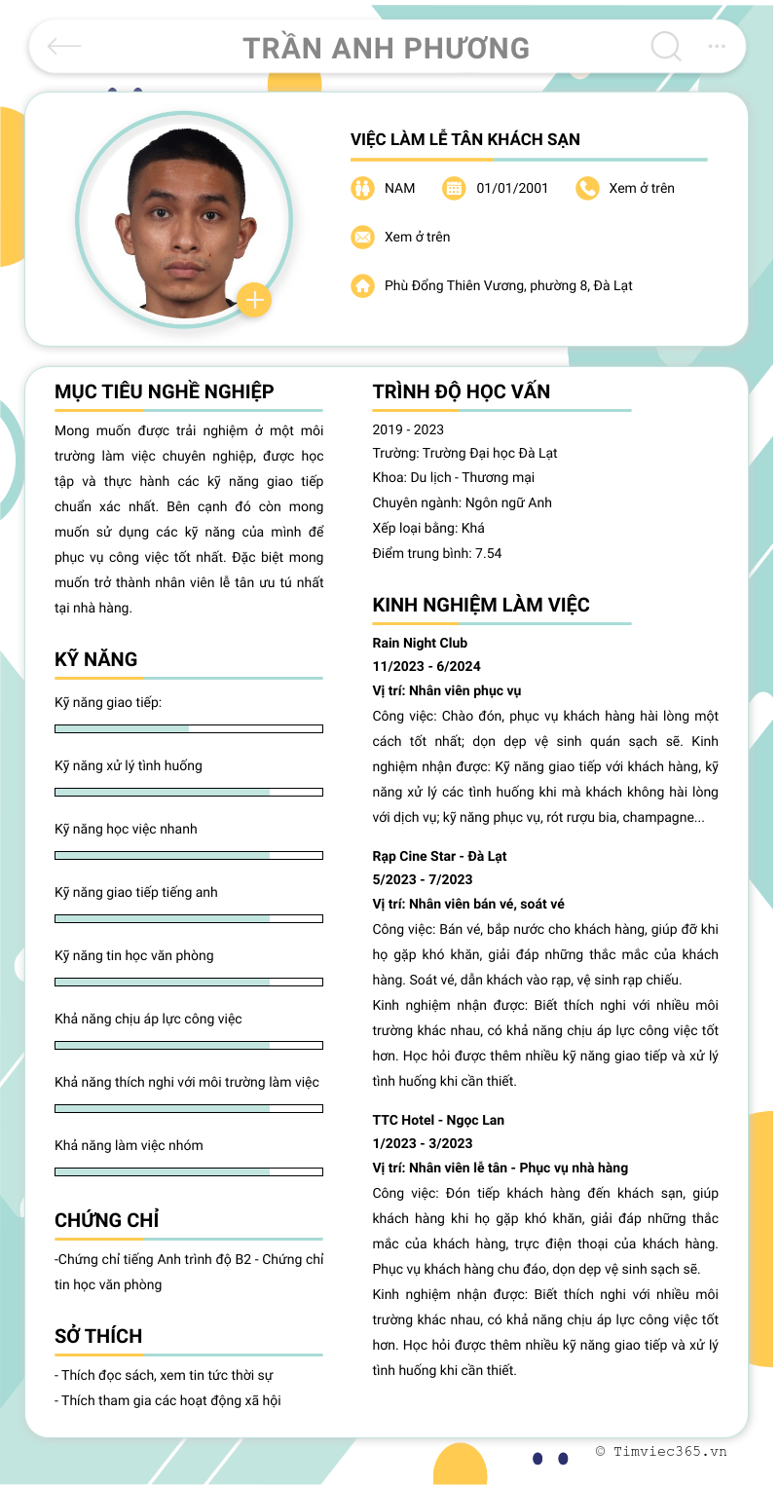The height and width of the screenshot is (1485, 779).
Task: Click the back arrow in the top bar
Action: pos(64,46)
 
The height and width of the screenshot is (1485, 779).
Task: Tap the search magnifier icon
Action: pos(666,46)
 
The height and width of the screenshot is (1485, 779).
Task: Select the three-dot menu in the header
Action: pos(717,46)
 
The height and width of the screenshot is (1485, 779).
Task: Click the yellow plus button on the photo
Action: pos(254,300)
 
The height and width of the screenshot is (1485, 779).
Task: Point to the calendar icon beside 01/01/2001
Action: pos(454,188)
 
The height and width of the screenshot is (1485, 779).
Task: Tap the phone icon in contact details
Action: pos(587,188)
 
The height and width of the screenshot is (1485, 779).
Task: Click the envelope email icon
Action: pos(362,237)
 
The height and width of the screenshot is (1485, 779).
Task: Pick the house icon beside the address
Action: pos(362,285)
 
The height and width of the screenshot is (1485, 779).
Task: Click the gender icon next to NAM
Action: pos(362,188)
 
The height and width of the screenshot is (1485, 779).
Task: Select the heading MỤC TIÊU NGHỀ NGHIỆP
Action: pos(165,391)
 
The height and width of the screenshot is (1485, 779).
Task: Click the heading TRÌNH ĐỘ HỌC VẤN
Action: pos(462,391)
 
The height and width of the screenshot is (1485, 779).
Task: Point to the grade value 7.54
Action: pos(488,553)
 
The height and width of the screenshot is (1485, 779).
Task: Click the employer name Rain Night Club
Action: pos(420,643)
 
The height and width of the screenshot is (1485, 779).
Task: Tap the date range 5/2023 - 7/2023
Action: pos(423,879)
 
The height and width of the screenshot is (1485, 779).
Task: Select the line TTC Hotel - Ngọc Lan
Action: pos(438,1120)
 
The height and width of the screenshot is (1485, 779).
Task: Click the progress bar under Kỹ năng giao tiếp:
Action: pos(189,728)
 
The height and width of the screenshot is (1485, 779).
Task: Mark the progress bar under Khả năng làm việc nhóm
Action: pos(189,1171)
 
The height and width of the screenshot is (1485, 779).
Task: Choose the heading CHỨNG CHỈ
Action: pos(107,1220)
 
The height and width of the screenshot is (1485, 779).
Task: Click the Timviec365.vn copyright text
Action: pos(661,1451)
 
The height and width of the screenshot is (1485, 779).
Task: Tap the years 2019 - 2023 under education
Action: pos(408,429)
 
